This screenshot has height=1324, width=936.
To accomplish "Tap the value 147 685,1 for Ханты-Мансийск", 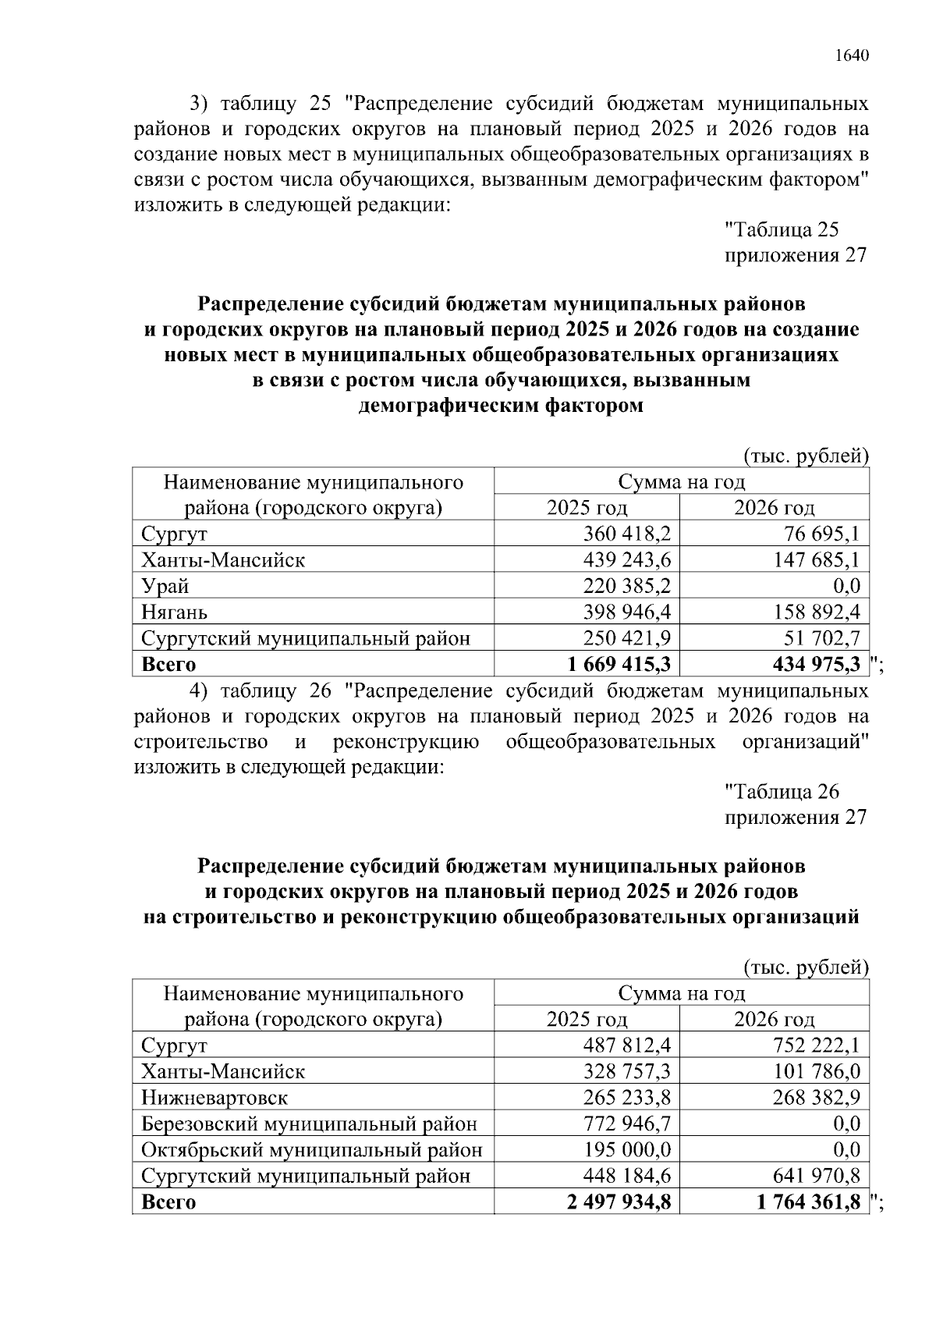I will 816,559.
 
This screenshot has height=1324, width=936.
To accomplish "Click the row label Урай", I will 165,586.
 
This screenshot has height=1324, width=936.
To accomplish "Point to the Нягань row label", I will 174,612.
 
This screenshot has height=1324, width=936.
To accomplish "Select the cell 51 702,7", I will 821,638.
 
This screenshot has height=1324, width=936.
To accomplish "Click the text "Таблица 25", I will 782,229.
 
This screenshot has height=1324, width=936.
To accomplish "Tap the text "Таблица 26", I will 782,792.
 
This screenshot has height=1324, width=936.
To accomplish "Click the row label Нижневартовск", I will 214,1098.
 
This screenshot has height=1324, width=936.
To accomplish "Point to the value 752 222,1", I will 816,1045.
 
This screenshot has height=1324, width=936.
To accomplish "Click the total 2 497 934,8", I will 619,1202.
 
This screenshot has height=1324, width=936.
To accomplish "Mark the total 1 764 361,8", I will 809,1202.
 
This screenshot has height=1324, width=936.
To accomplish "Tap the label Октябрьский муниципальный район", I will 312,1149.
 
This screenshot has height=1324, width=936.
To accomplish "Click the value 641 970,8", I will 816,1175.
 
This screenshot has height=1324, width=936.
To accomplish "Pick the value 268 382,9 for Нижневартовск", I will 816,1098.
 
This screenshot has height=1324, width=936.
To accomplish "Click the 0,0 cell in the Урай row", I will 846,586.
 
